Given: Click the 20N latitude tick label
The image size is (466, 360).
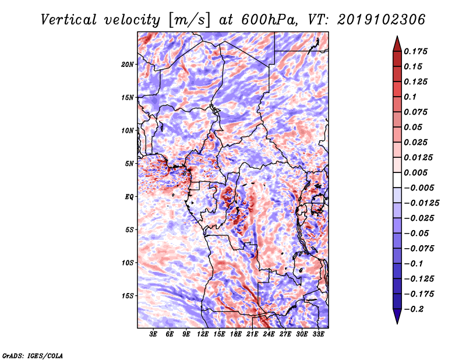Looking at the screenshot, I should tap(128, 64).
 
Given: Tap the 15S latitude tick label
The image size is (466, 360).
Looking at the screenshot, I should tap(128, 296).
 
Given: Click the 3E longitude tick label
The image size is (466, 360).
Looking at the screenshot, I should tap(153, 334).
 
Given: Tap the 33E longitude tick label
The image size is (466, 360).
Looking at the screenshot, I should tap(319, 334).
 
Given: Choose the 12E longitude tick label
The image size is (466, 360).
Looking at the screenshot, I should tap(203, 334).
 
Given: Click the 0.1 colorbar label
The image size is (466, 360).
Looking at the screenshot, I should tap(411, 97).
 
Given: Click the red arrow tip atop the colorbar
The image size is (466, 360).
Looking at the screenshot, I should tap(397, 40).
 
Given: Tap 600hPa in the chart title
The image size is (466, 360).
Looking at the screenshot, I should tap(263, 19).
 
